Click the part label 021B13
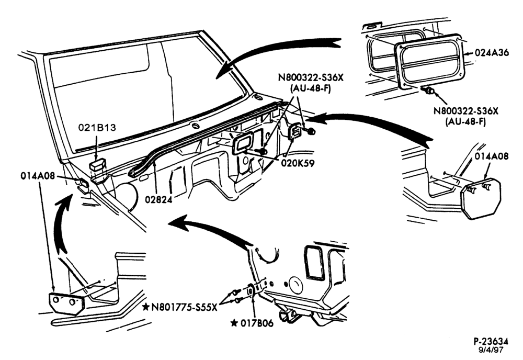coord(97,128)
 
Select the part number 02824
coord(159,199)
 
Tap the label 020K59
coord(298,163)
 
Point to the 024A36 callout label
coord(492,53)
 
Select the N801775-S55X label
coord(184,307)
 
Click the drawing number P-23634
coord(491,341)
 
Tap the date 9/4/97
coord(491,350)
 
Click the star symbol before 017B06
coord(234,323)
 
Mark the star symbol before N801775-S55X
coord(145,307)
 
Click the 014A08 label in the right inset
coord(492,156)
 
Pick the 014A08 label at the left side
coord(37,176)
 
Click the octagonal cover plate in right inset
coord(481,199)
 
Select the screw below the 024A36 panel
coord(428,90)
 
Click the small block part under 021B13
coord(97,165)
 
